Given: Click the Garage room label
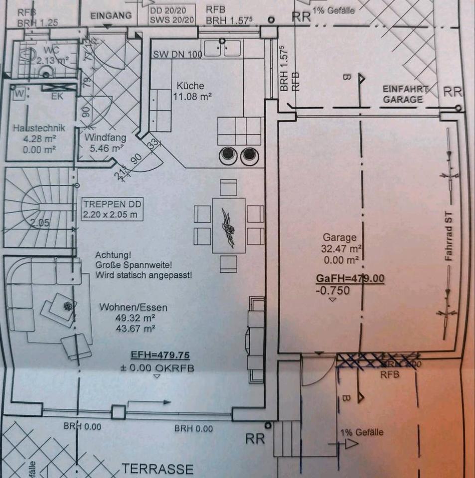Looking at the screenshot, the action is (339, 238).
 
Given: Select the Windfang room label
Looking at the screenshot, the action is (105, 137).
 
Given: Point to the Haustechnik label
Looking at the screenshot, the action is (39, 128).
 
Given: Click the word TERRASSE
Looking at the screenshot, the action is (158, 469).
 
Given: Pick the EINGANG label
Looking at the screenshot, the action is (111, 15).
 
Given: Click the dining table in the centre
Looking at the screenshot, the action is (228, 226).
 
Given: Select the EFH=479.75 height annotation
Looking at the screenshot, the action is (160, 356).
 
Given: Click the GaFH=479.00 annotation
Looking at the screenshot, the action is (350, 278).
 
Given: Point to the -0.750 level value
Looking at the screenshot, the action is (332, 291).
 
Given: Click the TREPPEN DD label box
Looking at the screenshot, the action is (113, 209).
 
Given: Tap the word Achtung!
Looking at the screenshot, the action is (113, 254).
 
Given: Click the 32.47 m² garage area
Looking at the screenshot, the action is (342, 248).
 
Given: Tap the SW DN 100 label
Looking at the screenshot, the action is (177, 54).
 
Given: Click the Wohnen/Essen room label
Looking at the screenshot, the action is (133, 307).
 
